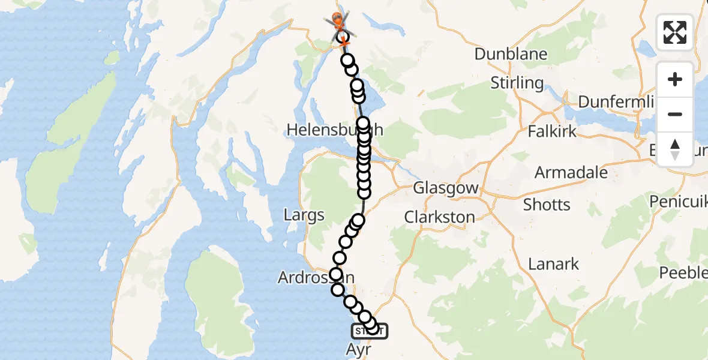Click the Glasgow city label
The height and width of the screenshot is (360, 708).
click(446, 188)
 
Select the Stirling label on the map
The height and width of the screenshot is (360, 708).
click(517, 83)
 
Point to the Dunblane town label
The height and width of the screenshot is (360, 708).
click(511, 54)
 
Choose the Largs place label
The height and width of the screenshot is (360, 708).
click(305, 215)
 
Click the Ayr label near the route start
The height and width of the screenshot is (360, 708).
click(358, 349)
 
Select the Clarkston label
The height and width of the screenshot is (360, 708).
click(440, 217)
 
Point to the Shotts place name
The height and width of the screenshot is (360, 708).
click(547, 205)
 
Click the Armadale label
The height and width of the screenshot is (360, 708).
click(571, 173)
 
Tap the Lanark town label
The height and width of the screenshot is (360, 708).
click(554, 263)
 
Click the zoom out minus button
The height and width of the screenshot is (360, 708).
click(675, 115)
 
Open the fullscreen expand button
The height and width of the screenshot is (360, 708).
click(675, 32)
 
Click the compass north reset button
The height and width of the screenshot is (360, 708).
click(675, 149)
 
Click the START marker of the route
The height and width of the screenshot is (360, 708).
click(369, 331)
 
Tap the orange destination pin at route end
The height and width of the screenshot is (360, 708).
click(337, 22)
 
